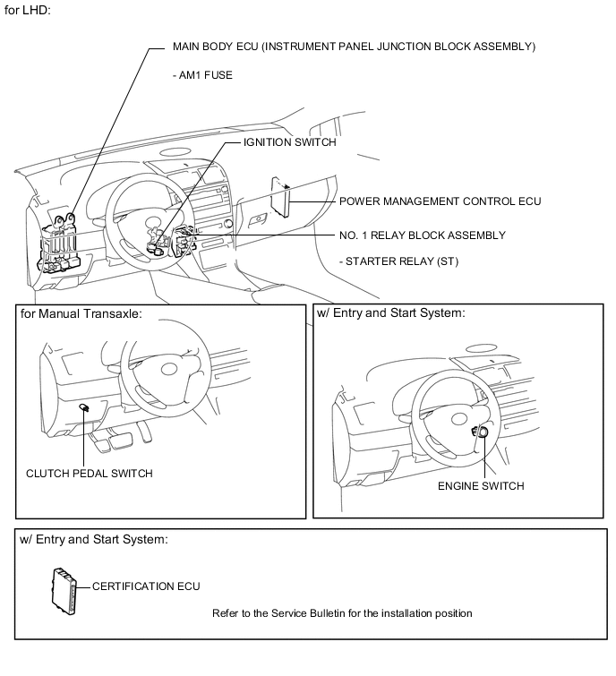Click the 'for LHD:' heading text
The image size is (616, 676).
(x=28, y=11)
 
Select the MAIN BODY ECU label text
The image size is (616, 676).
(x=354, y=47)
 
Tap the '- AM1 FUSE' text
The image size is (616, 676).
(x=202, y=76)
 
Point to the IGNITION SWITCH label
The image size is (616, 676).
(x=290, y=142)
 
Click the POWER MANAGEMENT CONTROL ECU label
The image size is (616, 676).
(x=440, y=201)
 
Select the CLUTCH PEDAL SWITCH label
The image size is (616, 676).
(x=89, y=474)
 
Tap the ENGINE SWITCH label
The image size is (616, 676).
(x=481, y=486)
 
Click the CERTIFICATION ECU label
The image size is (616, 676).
(x=146, y=586)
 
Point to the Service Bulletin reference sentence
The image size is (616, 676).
(x=342, y=613)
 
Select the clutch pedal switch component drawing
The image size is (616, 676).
(x=83, y=407)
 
